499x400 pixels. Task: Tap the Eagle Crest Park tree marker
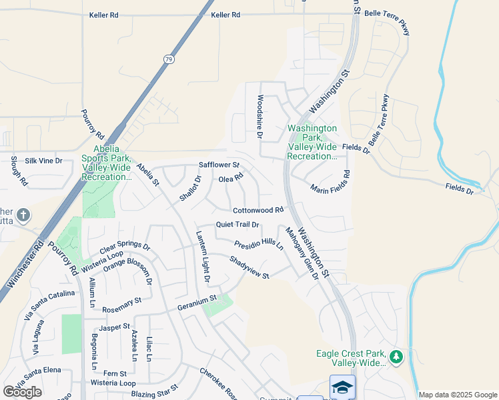(x=396, y=358)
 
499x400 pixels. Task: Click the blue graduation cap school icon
(x=342, y=387)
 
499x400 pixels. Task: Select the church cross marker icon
(x=23, y=215)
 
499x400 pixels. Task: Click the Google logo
(x=22, y=392)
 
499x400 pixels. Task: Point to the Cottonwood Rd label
(x=259, y=210)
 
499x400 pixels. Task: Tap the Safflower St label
(x=219, y=165)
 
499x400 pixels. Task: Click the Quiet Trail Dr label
(x=237, y=225)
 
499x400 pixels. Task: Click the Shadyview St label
(x=249, y=267)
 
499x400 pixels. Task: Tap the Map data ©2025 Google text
(x=457, y=395)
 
